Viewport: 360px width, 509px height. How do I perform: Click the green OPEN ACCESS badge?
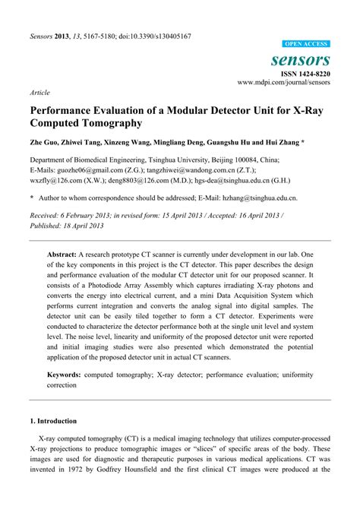click(306, 44)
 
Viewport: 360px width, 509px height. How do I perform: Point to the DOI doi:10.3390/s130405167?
click(153, 36)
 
